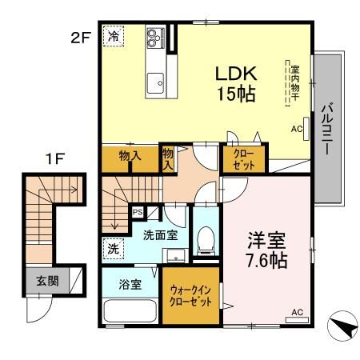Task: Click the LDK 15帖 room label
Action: click(235, 82)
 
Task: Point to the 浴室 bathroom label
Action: click(130, 282)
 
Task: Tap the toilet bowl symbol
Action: click(206, 238)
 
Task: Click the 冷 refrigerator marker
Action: click(114, 35)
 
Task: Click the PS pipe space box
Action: click(137, 213)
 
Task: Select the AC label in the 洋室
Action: click(298, 312)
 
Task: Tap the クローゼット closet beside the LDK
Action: click(244, 159)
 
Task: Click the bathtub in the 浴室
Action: click(130, 310)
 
